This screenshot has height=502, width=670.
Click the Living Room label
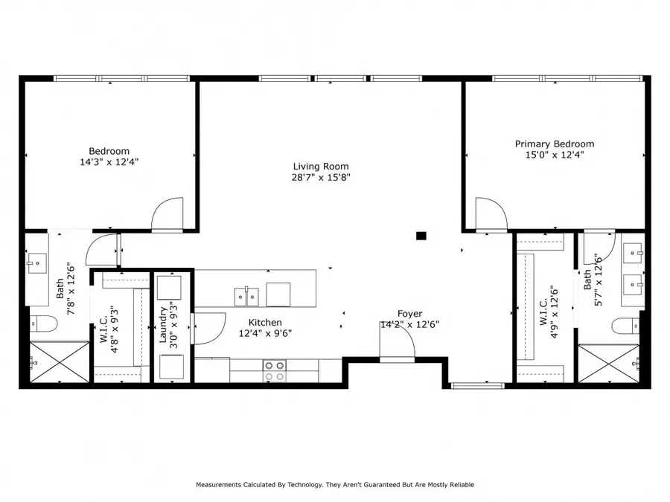(321, 167)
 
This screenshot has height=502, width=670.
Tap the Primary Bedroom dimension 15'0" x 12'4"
(555, 155)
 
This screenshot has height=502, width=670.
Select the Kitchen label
(265, 322)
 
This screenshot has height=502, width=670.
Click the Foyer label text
(409, 314)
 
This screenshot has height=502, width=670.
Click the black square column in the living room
(421, 236)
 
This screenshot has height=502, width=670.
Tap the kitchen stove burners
(275, 370)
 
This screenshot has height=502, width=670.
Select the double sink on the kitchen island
(246, 297)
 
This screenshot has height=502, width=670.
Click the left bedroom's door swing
(167, 215)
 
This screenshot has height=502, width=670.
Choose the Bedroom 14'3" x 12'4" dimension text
(109, 161)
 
